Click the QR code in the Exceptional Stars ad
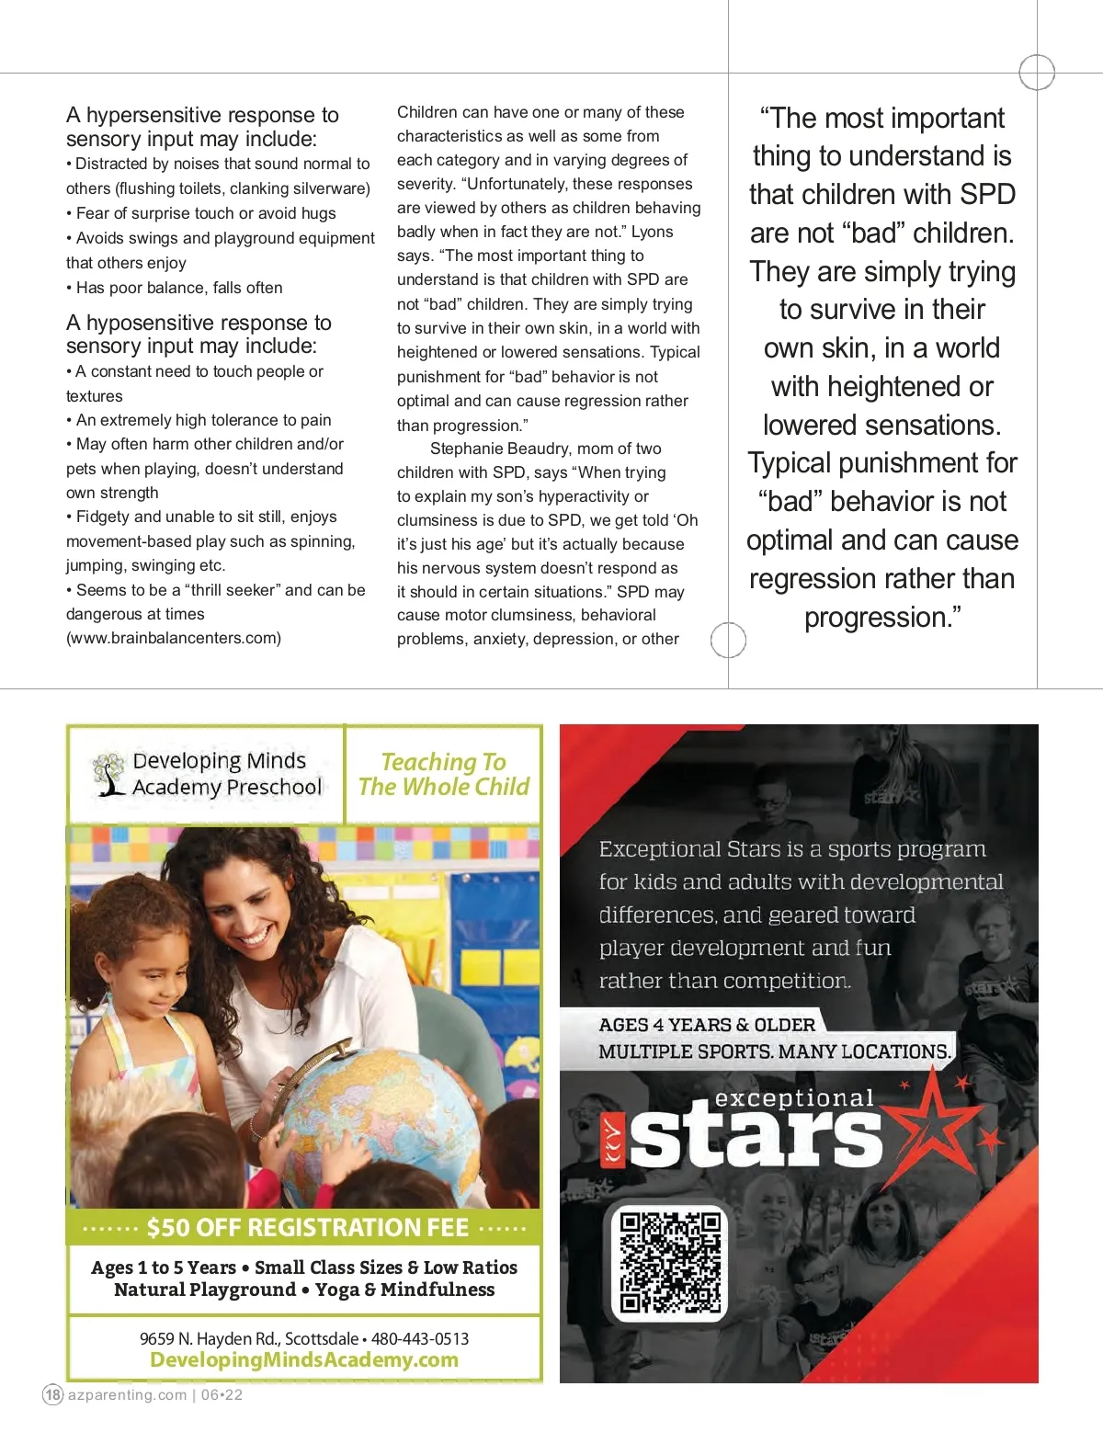coord(670,1262)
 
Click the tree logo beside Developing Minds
coord(109,774)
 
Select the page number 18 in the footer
coord(53,1394)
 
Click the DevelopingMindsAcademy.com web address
coord(304,1360)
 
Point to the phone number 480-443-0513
coord(420,1338)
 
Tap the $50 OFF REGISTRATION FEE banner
coord(305,1228)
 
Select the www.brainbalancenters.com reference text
coord(174,638)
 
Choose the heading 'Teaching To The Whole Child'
coord(444,774)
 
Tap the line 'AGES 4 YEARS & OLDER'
coord(707,1024)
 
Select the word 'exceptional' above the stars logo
coord(794,1098)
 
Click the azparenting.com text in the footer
coord(127,1394)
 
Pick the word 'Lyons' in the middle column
coord(652,232)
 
